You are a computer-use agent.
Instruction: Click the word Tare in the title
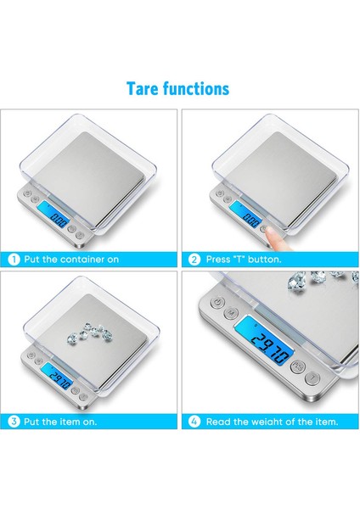143,88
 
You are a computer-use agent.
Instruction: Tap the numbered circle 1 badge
14,259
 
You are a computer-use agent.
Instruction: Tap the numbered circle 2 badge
194,259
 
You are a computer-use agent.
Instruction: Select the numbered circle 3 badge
14,421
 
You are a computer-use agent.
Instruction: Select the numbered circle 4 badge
194,421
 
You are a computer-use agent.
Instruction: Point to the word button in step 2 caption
265,259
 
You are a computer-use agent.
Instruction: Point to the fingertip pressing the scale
269,227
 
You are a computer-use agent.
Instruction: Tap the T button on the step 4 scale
314,377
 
